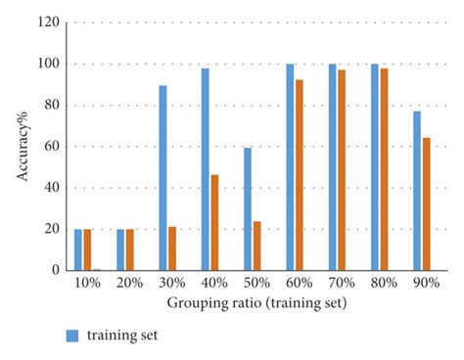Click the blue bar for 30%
point(162,178)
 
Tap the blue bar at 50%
point(248,208)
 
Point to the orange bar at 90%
point(426,203)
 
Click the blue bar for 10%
point(78,249)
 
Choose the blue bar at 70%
point(332,167)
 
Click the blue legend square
point(71,335)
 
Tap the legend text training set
point(121,335)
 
